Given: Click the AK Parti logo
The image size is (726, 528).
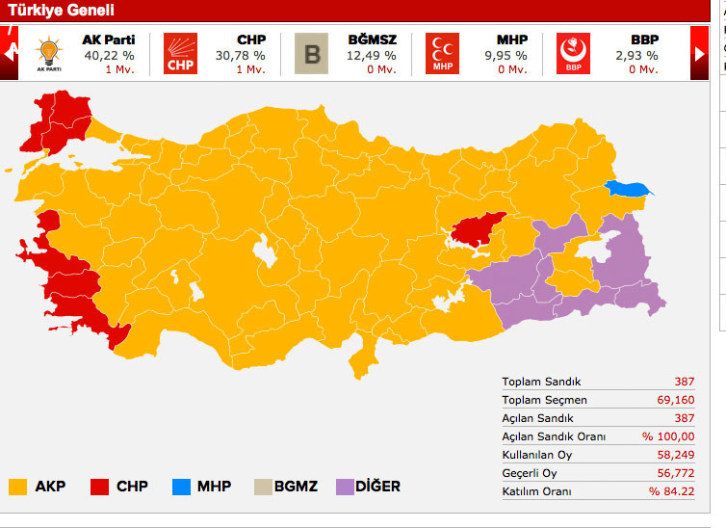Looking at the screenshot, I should tap(48, 53).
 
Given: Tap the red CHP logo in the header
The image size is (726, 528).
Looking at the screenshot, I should tap(180, 53).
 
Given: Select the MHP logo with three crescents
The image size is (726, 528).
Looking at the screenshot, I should tap(442, 53).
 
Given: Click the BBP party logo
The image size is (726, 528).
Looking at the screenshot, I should tap(573, 53).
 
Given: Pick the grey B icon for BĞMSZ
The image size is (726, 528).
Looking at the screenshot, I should tap(311, 53).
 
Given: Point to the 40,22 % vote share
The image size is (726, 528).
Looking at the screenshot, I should tap(107, 55).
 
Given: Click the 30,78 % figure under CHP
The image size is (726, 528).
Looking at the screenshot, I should tap(240, 55).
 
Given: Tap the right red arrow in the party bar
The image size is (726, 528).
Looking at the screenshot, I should tap(700, 54).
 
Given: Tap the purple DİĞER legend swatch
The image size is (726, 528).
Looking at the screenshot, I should tap(346, 487).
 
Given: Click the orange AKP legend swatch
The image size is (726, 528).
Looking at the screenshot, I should tap(17, 487).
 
